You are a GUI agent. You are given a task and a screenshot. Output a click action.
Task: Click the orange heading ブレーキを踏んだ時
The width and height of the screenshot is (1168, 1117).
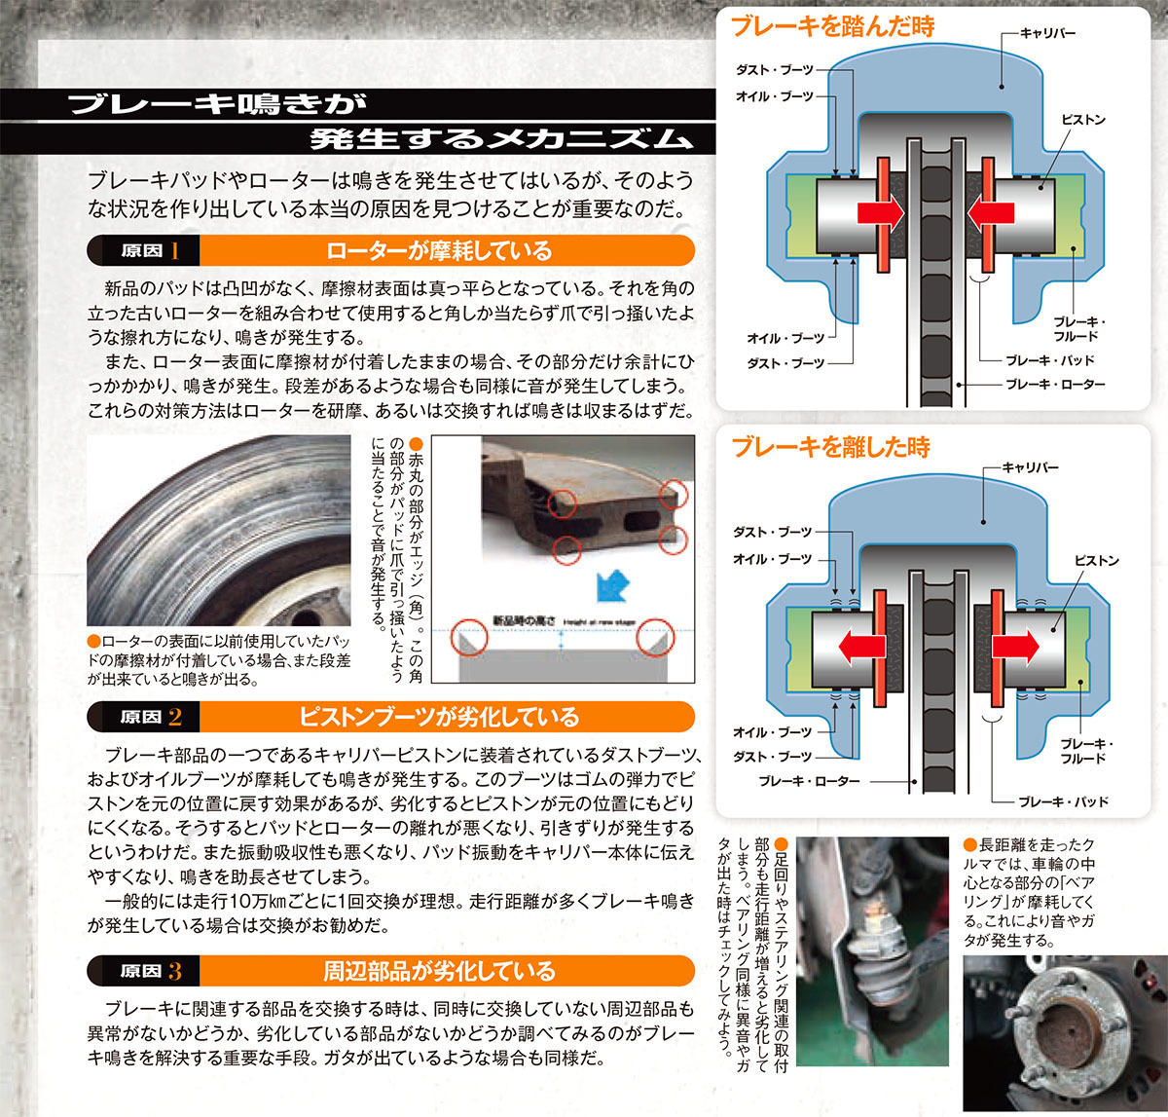tap(832, 27)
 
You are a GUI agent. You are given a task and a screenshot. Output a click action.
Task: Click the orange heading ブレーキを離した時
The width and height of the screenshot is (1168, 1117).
tap(830, 447)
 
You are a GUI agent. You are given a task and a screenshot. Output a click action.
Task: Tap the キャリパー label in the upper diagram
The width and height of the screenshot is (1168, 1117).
tap(1048, 34)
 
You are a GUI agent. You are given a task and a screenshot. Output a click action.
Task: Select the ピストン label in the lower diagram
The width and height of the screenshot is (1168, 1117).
tap(1097, 560)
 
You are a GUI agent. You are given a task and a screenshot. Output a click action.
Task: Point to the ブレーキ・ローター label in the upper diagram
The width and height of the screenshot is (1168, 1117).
tap(1055, 385)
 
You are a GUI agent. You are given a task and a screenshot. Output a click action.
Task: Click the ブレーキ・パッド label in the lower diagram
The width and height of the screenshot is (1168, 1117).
tap(1064, 801)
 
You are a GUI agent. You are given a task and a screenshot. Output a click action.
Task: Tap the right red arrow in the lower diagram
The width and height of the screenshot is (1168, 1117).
tap(1015, 647)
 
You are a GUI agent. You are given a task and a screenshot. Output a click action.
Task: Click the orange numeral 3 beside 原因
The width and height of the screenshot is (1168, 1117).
tap(174, 972)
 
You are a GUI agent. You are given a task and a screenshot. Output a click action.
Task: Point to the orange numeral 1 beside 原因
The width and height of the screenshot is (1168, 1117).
tap(175, 251)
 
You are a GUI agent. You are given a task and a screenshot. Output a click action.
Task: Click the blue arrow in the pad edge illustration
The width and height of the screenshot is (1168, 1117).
tap(612, 585)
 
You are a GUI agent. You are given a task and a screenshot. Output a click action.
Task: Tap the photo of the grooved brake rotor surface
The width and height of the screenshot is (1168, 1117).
tap(219, 531)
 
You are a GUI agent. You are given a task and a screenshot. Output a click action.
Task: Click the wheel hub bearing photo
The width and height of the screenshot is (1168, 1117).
tap(1066, 1033)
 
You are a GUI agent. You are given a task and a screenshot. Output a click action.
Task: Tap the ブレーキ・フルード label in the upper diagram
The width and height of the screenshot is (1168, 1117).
tap(1078, 329)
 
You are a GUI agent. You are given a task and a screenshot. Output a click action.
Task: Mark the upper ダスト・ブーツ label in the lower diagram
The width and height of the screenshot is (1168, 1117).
tap(773, 532)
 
